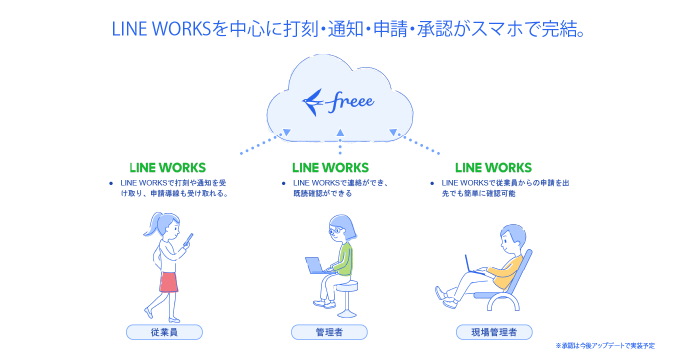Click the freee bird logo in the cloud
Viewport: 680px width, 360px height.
[312, 101]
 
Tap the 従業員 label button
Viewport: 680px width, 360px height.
[164, 332]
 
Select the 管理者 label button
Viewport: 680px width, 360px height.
[329, 332]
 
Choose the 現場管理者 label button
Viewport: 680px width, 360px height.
[494, 332]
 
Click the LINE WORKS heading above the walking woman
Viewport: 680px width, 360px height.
[167, 167]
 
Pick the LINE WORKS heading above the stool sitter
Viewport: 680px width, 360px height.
[330, 167]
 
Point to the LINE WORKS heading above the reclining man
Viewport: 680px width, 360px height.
[493, 167]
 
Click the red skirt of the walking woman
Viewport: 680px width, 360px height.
[169, 282]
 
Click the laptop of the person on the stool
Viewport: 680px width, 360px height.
[315, 265]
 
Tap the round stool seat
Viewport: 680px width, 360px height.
[346, 285]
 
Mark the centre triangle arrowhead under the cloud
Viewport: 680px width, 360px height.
[340, 132]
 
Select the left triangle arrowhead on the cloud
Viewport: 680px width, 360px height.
[286, 132]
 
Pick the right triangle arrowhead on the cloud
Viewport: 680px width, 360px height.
[393, 132]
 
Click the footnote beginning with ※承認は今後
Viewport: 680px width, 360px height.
[605, 345]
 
